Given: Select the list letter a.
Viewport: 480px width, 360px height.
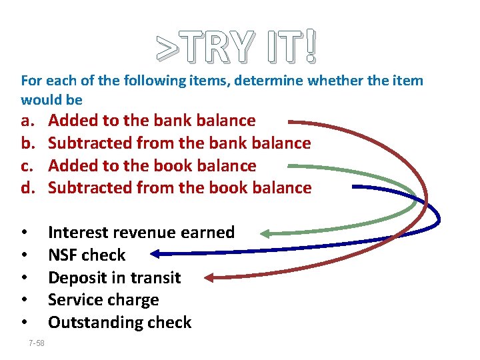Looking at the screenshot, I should (27, 121).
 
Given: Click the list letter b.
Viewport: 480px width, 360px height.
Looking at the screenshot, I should (27, 143).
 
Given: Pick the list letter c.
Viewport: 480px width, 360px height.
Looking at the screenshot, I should (27, 165).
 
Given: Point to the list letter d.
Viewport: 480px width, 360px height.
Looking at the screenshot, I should (27, 188).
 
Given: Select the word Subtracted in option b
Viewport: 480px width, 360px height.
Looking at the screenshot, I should (89, 143).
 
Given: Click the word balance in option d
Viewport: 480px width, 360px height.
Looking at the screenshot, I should (280, 188).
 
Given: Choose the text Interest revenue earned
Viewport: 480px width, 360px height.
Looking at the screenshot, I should (141, 233).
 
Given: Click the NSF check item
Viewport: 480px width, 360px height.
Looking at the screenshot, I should (87, 255).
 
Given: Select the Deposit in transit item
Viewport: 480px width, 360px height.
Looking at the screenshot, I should (114, 277).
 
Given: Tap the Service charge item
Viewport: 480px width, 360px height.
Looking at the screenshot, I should (103, 300).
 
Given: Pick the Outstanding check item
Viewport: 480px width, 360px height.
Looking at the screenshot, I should (119, 323).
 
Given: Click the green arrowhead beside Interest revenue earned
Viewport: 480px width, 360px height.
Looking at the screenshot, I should (265, 233).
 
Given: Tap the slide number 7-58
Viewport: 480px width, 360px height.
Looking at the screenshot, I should (37, 343).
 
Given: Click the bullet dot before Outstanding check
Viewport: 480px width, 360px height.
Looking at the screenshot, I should (24, 323).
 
